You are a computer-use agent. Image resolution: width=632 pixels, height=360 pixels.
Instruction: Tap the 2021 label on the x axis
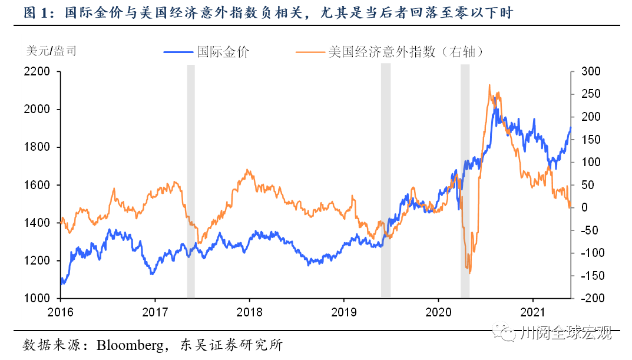pyautogui.click(x=532, y=311)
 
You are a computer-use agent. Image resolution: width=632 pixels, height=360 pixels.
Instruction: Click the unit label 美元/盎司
pyautogui.click(x=52, y=51)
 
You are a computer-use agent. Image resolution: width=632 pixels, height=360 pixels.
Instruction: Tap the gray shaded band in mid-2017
pyautogui.click(x=191, y=181)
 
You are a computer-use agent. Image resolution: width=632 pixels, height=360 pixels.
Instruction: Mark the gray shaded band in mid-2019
pyautogui.click(x=386, y=181)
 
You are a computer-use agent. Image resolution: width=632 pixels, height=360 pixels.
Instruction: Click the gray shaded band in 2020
pyautogui.click(x=465, y=181)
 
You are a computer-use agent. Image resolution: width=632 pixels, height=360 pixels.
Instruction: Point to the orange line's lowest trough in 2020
pyautogui.click(x=469, y=273)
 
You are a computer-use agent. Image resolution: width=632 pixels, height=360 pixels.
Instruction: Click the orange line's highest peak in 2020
pyautogui.click(x=489, y=85)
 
